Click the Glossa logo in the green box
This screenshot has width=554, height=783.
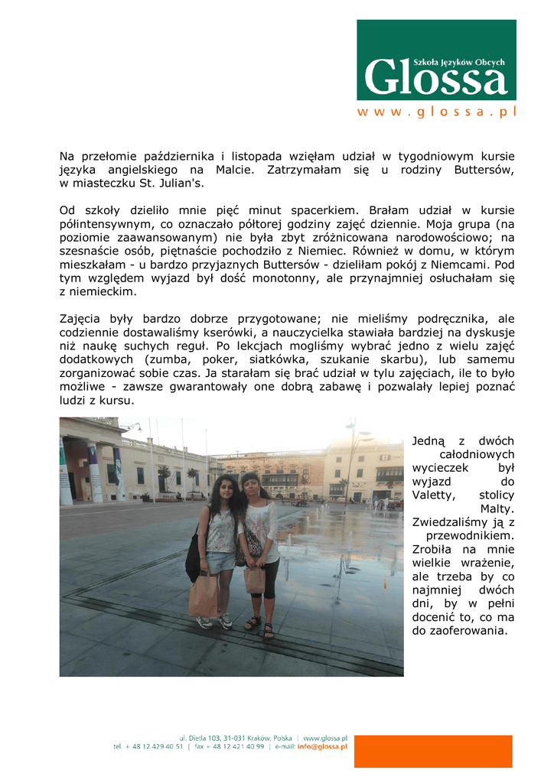(436, 75)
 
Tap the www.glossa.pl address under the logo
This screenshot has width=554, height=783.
(436, 112)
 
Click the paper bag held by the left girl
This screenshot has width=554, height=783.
(203, 595)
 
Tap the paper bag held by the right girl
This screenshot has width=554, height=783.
(255, 579)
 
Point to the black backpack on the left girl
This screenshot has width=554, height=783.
(194, 557)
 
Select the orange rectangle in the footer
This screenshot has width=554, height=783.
(432, 752)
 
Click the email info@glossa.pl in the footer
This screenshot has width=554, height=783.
(322, 746)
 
